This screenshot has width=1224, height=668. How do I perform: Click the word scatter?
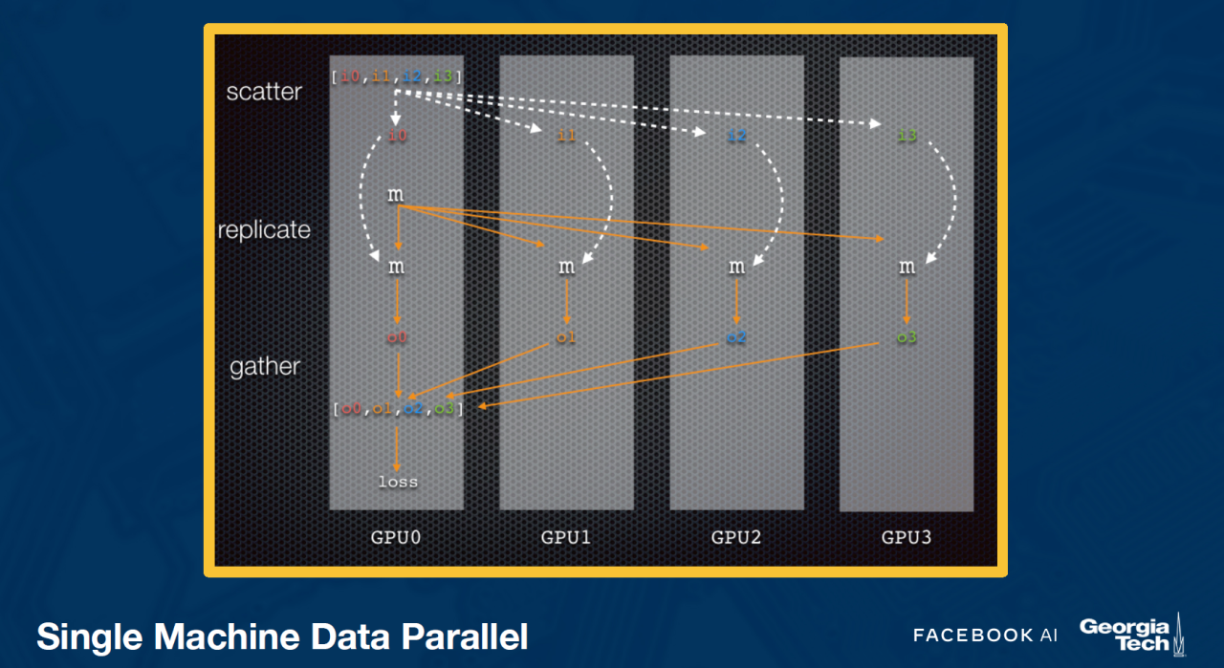click(x=264, y=92)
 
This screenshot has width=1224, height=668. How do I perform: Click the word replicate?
click(x=264, y=230)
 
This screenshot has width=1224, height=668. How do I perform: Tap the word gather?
click(x=265, y=367)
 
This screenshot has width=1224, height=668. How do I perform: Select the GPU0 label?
click(x=396, y=537)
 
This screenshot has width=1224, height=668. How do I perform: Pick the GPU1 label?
click(x=566, y=537)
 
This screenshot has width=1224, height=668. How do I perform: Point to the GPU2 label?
click(x=736, y=537)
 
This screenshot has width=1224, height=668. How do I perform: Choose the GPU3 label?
click(x=907, y=537)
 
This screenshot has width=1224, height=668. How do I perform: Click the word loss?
click(x=398, y=482)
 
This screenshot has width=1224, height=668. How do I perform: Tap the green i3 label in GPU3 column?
click(x=907, y=135)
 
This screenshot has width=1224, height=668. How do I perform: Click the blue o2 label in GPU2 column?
click(x=736, y=337)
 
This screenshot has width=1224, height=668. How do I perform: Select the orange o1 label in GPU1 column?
click(x=566, y=337)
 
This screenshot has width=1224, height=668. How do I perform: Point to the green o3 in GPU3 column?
click(x=907, y=337)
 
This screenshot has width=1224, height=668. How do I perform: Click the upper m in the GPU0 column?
click(x=396, y=194)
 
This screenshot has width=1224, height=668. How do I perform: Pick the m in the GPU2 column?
click(x=736, y=267)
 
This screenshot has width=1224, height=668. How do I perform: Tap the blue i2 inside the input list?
click(x=411, y=75)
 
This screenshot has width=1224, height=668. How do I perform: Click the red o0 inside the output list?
click(x=351, y=408)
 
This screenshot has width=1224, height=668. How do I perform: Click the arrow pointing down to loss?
click(x=397, y=449)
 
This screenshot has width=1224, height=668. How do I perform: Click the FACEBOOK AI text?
click(x=985, y=636)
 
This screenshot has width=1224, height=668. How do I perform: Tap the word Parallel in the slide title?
click(x=465, y=636)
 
